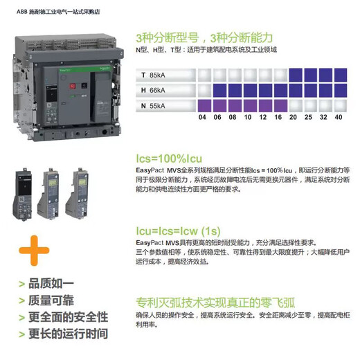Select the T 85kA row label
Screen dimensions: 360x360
tap(152, 74)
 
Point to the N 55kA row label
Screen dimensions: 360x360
tap(152, 105)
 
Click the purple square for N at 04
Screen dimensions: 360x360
tap(203, 105)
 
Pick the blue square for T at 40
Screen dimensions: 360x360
tap(339, 74)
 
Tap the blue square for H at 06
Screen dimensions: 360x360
tap(218, 90)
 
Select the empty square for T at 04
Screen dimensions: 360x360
tap(203, 74)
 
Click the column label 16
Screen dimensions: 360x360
tap(277, 118)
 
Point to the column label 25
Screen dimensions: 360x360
tap(309, 118)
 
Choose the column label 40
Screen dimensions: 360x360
tap(339, 118)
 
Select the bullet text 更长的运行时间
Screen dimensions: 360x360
tap(67, 333)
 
